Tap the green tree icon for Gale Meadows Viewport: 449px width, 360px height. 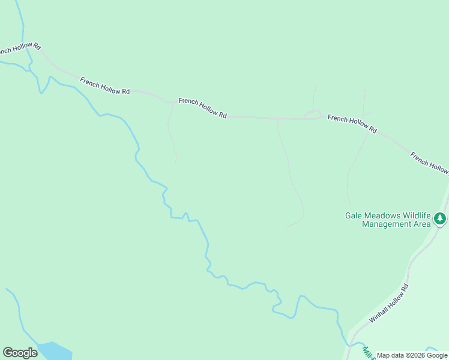441,219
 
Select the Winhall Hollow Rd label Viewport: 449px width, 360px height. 389,304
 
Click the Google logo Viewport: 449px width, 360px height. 20,353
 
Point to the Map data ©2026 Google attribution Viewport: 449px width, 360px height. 412,356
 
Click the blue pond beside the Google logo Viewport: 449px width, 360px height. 55,350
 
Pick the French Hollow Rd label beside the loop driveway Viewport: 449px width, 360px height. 352,124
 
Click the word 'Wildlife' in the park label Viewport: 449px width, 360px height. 415,215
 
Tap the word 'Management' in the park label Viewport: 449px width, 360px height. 385,224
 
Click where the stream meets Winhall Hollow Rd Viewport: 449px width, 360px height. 348,344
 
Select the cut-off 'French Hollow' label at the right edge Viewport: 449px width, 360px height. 429,163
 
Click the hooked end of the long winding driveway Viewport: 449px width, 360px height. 294,224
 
